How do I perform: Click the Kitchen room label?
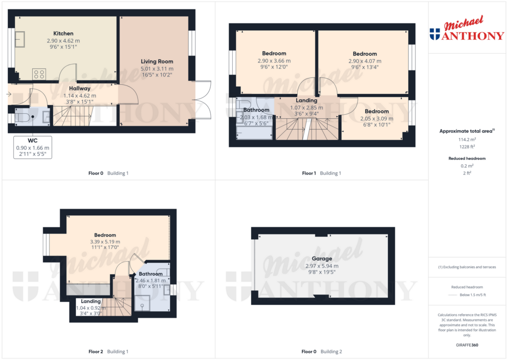tap(63, 33)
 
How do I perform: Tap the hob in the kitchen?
tap(39, 74)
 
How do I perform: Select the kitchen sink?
tap(20, 39)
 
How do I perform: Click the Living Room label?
tap(157, 61)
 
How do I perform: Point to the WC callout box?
tap(33, 147)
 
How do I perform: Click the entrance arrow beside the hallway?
tap(9, 94)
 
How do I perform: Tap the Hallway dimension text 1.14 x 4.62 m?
tap(80, 96)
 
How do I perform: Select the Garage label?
tap(321, 259)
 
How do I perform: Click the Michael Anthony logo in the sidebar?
tap(467, 28)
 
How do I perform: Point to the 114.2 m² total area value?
tap(467, 140)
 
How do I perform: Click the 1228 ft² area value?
tap(467, 146)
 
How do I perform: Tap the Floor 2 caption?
tap(96, 352)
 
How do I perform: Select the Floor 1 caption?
tap(309, 173)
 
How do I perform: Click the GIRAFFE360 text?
tap(467, 345)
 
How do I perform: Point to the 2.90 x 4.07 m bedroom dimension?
tap(365, 61)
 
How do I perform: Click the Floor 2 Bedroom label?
tap(105, 235)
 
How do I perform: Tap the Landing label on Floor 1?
tap(307, 100)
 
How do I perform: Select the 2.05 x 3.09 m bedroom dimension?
tap(377, 119)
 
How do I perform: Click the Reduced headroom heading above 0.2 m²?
tap(467, 158)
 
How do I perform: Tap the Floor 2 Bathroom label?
tap(151, 274)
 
